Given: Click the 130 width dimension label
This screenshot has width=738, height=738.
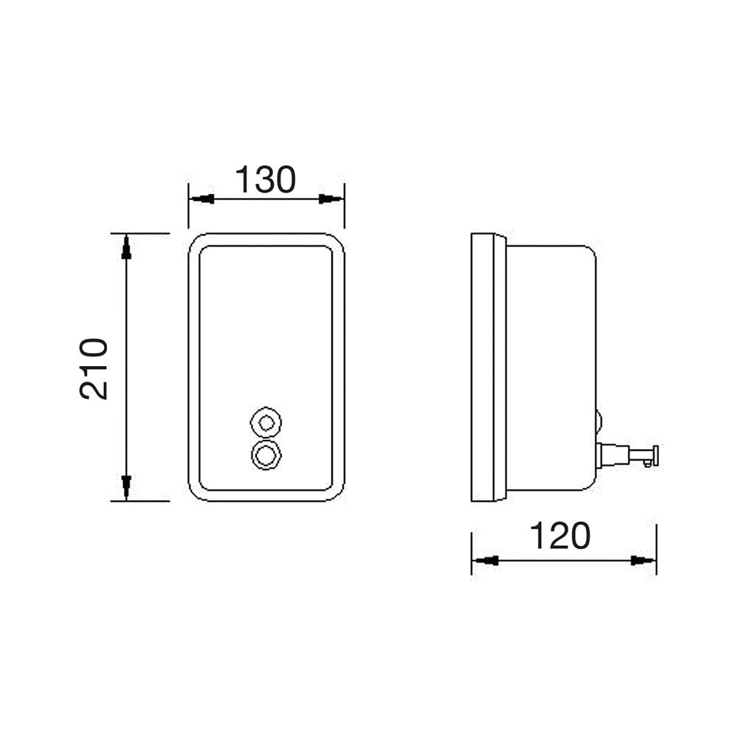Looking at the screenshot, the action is tap(266, 180).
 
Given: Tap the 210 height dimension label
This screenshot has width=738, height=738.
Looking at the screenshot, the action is tap(94, 368).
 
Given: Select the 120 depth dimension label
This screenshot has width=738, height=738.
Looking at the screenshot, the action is tap(560, 536).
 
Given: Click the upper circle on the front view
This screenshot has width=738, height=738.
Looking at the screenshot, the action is tap(266, 423).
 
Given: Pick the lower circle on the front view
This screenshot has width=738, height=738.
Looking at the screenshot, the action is tap(266, 455).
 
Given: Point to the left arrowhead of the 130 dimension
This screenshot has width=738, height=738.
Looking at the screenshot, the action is tap(202, 199).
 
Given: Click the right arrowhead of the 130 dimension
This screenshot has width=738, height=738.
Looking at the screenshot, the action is tap(331, 199).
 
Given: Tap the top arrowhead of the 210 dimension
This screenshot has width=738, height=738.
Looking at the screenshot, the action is tap(126, 247).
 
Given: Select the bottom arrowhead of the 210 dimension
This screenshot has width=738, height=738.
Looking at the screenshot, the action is tap(126, 487).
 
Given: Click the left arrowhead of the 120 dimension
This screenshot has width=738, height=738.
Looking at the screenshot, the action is tap(486, 561).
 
